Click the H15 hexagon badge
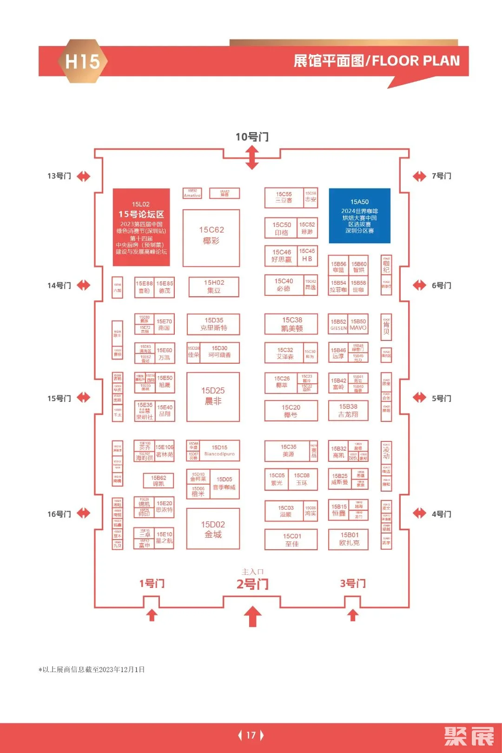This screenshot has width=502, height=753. (x=82, y=61)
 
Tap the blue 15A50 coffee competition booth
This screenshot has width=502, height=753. (x=359, y=216)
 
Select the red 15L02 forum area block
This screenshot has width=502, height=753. (x=141, y=227)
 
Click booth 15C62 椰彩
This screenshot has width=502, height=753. (x=211, y=238)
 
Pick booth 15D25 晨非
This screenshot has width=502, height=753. (x=213, y=397)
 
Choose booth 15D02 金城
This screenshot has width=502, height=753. (x=213, y=529)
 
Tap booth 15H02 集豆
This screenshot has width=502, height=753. (x=214, y=287)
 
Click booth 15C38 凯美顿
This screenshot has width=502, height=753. (x=291, y=324)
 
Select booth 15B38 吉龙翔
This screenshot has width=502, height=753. (x=348, y=410)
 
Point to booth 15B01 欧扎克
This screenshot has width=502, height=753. (x=349, y=539)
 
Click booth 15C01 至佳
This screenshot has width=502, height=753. (x=291, y=540)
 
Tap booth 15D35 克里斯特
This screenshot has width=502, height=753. (x=213, y=324)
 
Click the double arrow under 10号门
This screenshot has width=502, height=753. (x=252, y=158)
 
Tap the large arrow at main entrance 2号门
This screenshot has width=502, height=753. (x=252, y=616)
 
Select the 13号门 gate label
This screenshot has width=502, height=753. (x=59, y=176)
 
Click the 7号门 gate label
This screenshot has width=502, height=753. (x=441, y=176)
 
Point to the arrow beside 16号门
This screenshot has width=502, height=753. (x=84, y=513)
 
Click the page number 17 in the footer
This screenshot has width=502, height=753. (x=251, y=735)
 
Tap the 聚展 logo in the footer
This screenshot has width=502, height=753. (x=469, y=736)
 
